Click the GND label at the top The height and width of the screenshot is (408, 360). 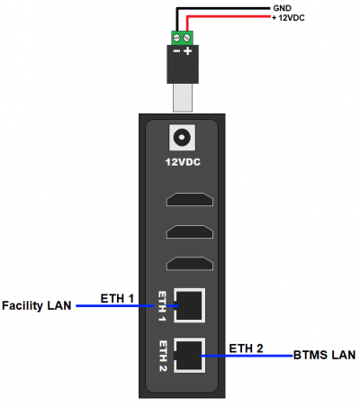point(282,8)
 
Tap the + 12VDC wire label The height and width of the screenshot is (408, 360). point(288,18)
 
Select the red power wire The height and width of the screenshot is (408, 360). point(228,16)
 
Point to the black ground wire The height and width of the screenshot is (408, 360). point(222,8)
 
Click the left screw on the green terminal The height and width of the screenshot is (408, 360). point(177,38)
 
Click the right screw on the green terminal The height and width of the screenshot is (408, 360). point(187,38)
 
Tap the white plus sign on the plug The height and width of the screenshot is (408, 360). point(188,51)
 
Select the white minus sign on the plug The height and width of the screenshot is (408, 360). point(177,51)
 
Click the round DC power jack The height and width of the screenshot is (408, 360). point(182,137)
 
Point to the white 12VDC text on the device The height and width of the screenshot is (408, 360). point(183,162)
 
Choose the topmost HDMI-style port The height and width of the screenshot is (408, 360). point(190,200)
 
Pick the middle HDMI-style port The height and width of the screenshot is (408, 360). point(190,232)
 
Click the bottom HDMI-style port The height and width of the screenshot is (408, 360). point(190,264)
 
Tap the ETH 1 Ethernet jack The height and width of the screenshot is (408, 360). point(189,305)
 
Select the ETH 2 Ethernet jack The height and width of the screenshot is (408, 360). point(189,355)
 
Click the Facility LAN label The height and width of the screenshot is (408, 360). point(37,306)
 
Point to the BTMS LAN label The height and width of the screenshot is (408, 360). point(324,355)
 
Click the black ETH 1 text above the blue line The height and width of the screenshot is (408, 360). point(117,299)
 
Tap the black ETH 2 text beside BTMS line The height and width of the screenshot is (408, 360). point(246,349)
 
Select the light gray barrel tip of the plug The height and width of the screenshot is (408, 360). point(183,97)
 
